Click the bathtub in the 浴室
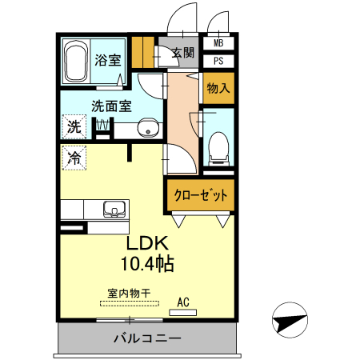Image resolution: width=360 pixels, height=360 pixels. point(75,62)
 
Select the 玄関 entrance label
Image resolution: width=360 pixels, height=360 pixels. point(182,54)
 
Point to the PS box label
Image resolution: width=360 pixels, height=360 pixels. point(218,60)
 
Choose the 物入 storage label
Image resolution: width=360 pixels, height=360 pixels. point(218,88)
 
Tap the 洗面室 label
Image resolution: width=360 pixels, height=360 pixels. point(111,105)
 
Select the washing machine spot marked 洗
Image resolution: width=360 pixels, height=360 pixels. point(74,126)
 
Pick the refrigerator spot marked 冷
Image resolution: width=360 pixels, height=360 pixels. point(74,158)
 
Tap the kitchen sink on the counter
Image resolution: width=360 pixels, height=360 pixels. point(114,210)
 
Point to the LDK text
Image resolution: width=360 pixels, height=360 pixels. point(146,245)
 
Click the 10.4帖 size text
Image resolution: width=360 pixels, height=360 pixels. point(147,263)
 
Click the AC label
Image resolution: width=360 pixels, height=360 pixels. point(183,302)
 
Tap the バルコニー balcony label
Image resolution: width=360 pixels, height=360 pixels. point(147,338)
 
